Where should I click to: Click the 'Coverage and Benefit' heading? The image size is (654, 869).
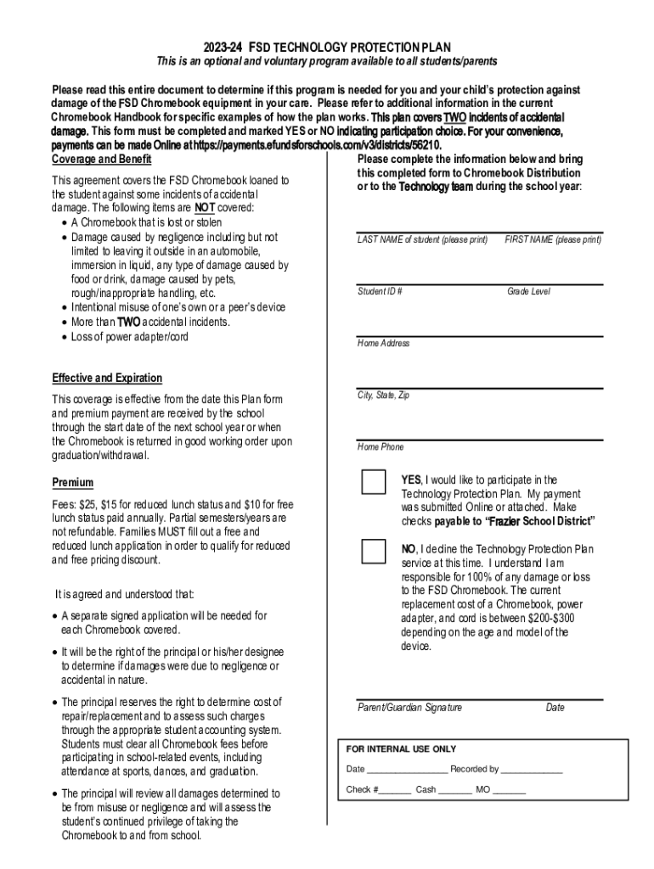[102, 160]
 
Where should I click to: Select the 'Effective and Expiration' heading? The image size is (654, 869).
[107, 378]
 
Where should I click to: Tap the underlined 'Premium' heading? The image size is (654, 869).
[72, 483]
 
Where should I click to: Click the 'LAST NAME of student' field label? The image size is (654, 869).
[422, 240]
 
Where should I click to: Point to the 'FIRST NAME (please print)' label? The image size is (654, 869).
[553, 240]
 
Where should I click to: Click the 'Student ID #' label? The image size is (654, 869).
[380, 292]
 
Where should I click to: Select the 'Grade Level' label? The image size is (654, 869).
[528, 292]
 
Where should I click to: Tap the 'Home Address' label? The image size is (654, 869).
[383, 344]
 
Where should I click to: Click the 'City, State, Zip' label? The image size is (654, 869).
[383, 395]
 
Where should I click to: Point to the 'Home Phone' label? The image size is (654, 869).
[381, 447]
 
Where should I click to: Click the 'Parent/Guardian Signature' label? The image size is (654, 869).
[409, 708]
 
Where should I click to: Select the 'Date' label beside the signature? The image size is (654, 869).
[555, 708]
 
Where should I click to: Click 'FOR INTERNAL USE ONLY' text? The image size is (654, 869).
[401, 749]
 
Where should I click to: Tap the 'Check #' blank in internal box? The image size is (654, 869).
[395, 790]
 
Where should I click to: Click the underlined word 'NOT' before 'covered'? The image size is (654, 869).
[204, 208]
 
